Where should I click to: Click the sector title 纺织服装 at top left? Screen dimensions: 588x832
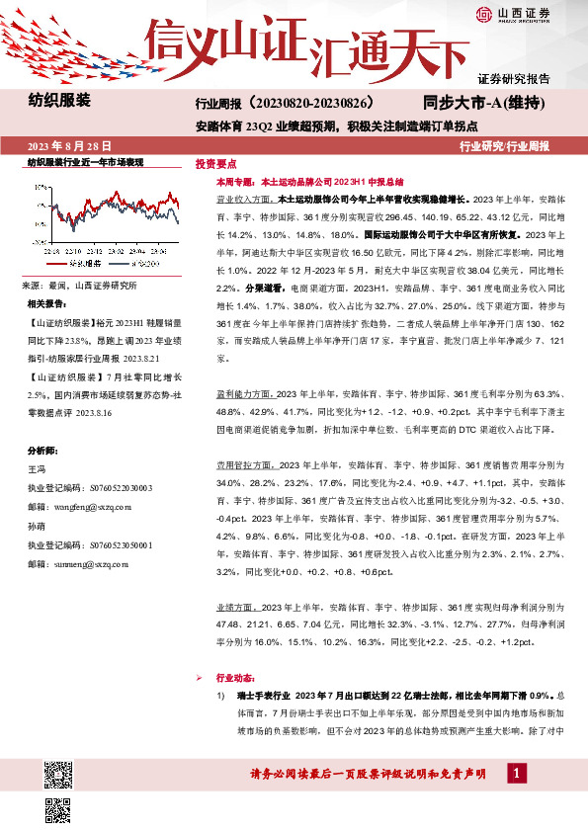58,101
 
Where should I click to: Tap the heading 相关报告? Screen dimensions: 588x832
49,304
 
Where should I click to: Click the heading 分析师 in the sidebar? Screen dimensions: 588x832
43,420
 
